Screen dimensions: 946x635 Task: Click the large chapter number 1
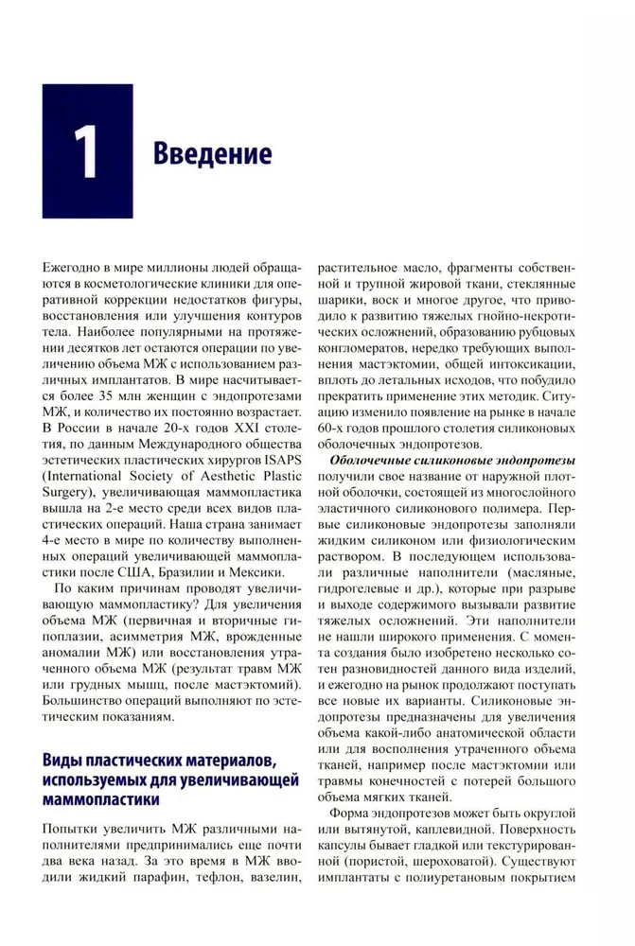tap(86, 151)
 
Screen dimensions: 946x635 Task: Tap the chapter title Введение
tap(212, 154)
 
